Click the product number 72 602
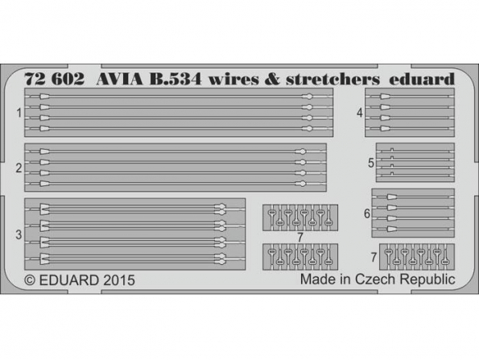pyautogui.click(x=55, y=79)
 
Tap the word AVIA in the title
pyautogui.click(x=119, y=79)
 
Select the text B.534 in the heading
pyautogui.click(x=175, y=79)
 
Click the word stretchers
pyautogui.click(x=332, y=79)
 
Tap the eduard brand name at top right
pyautogui.click(x=422, y=79)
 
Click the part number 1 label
pyautogui.click(x=19, y=113)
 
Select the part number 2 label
pyautogui.click(x=19, y=168)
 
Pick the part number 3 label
pyautogui.click(x=19, y=234)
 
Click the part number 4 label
pyautogui.click(x=360, y=113)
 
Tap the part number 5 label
pyautogui.click(x=371, y=163)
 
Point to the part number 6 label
pyautogui.click(x=367, y=213)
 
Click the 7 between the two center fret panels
pyautogui.click(x=300, y=238)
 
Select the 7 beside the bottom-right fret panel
pyautogui.click(x=374, y=258)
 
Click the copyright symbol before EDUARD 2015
pyautogui.click(x=30, y=280)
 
